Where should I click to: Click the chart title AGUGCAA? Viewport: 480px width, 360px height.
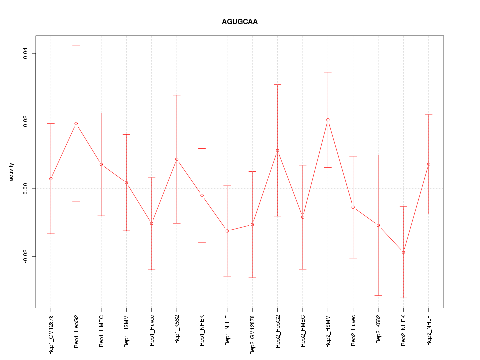coord(240,22)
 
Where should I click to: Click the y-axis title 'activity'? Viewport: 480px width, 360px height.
coord(12,172)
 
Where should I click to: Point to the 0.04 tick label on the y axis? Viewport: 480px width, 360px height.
coord(25,53)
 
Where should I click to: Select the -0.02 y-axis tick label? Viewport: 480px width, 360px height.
coord(25,256)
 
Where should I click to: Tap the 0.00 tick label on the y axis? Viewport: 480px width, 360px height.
coord(25,189)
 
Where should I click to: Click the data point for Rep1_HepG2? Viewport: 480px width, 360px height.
coord(76,123)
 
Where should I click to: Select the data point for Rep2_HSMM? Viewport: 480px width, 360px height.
coord(328,120)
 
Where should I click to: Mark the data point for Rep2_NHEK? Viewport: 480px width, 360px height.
coord(403,252)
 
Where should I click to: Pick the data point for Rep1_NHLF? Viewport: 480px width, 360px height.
coord(227,231)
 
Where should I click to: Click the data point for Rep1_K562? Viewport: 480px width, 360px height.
coord(177,159)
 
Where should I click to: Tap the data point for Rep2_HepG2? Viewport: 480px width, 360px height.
coord(278,150)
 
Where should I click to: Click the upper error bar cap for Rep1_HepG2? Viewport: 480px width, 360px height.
coord(76,46)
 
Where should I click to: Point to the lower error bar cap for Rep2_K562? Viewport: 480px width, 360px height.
coord(378,296)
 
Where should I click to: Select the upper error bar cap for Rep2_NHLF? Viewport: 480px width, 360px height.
coord(429,114)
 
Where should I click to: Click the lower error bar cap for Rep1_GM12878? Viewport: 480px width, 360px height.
coord(51,234)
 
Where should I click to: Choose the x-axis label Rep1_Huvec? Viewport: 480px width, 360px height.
coord(152,331)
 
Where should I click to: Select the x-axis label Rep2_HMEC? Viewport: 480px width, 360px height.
coord(303,331)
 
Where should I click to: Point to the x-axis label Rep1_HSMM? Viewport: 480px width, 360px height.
coord(127,331)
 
